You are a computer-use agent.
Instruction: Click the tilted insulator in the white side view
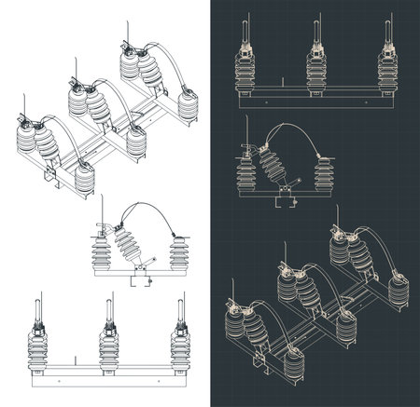[127, 247]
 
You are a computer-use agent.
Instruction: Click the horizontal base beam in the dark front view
[314, 99]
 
